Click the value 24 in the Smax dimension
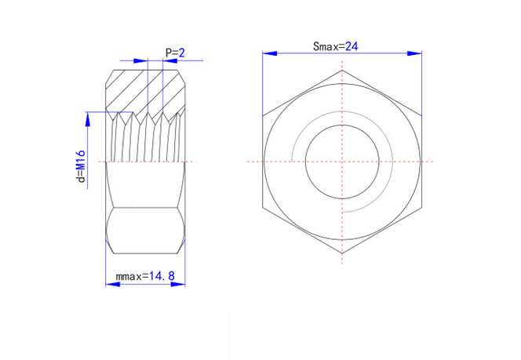[352, 46]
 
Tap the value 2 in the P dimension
[182, 53]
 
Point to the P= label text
[172, 53]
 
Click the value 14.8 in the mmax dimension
[162, 276]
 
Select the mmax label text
[133, 276]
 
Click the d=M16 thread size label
[80, 166]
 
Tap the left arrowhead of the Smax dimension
[269, 53]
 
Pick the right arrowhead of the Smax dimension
[414, 53]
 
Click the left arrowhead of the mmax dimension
[113, 284]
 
